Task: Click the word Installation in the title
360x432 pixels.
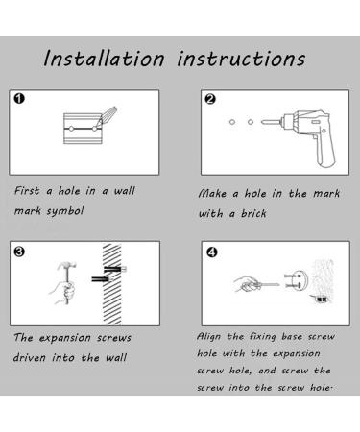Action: pos(104,59)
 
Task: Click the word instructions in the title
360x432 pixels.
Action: pos(241,59)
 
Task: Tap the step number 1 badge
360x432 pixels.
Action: pos(19,98)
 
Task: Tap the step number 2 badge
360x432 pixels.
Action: pos(210,99)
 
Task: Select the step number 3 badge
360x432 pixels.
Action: pos(19,252)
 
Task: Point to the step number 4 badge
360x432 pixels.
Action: pos(212,252)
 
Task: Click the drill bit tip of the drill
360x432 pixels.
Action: pos(262,122)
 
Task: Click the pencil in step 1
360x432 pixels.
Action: pos(108,116)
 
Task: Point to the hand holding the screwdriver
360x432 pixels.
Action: pos(246,284)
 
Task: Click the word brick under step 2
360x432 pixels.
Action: pos(253,213)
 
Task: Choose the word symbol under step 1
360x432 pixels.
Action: pos(65,211)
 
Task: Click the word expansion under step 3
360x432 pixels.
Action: pos(65,338)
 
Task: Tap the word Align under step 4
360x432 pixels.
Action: pos(208,337)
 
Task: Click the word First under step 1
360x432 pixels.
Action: pos(27,191)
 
